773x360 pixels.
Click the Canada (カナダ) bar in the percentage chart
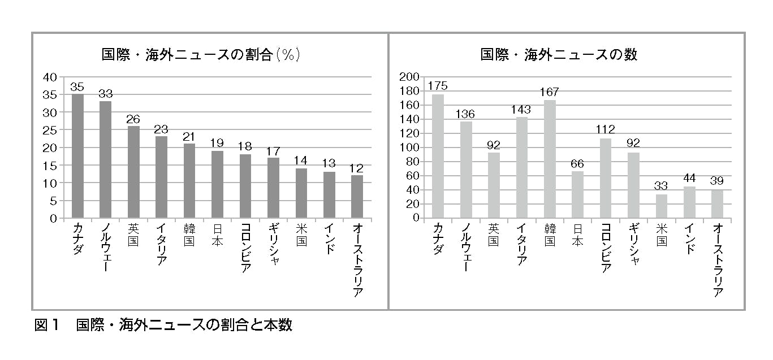coord(77,156)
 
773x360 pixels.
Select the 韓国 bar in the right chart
coord(550,159)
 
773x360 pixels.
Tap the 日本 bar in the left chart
coord(217,184)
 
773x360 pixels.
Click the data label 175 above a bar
coord(438,86)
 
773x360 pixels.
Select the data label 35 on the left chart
coord(77,86)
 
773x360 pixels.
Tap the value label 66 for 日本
coord(577,164)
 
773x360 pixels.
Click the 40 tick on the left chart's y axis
coord(50,77)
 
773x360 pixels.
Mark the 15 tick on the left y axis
coord(50,166)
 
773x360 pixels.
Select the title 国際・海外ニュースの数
coord(559,55)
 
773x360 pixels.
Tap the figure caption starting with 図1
coord(163,326)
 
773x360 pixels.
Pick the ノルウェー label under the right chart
coord(466,248)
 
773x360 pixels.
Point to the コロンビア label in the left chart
coord(245,248)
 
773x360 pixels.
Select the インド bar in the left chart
coord(329,195)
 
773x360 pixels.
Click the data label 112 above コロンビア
coord(606,130)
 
